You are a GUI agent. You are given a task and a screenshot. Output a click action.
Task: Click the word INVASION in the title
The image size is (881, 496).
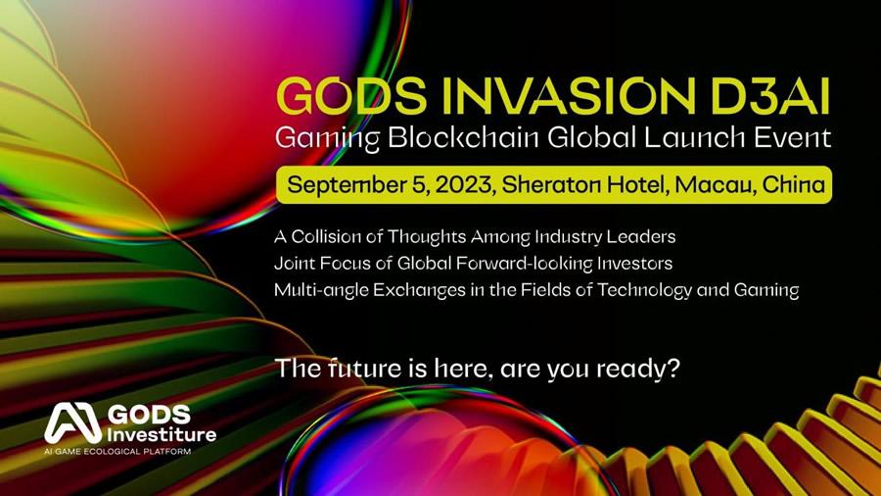coord(569,96)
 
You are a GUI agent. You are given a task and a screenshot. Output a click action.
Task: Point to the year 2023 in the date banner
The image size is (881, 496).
coord(465,184)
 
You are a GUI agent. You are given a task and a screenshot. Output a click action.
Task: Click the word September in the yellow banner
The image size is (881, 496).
coord(346,185)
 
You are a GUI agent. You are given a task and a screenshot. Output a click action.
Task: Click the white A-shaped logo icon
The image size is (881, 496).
coord(73,422)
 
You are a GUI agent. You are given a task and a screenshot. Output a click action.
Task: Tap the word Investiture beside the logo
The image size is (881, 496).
coord(162,434)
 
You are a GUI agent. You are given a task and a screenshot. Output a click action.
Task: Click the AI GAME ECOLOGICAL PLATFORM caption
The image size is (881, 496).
coord(117,451)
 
